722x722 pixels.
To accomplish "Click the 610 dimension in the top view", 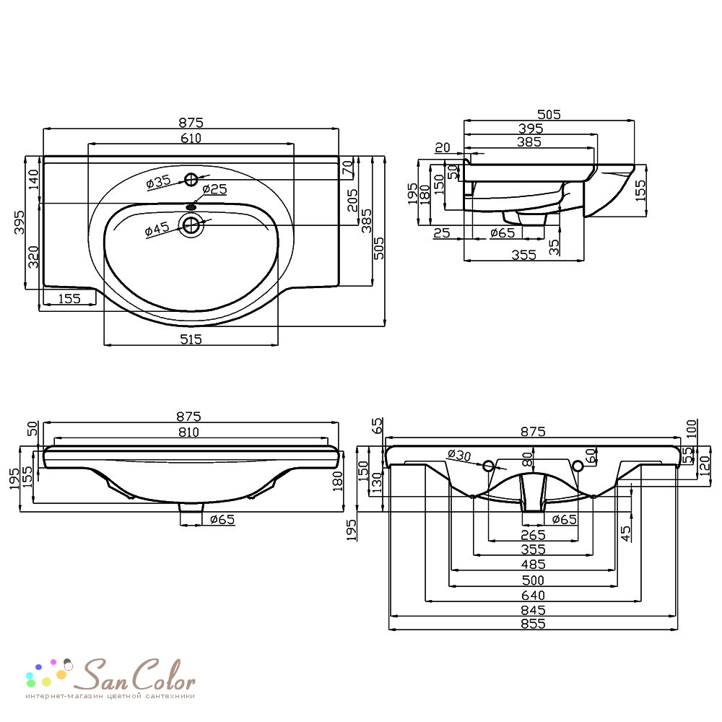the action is click(191, 138).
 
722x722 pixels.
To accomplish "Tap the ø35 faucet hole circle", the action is click(191, 180).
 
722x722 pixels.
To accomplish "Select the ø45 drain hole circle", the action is click(191, 225).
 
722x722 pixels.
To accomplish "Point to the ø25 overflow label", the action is click(214, 188).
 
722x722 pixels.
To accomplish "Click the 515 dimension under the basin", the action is click(191, 339).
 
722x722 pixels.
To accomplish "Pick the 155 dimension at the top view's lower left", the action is click(69, 299).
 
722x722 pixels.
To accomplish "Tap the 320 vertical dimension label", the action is click(34, 257).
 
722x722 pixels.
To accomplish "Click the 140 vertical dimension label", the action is click(34, 180).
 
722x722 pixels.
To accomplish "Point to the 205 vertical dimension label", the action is click(353, 200).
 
